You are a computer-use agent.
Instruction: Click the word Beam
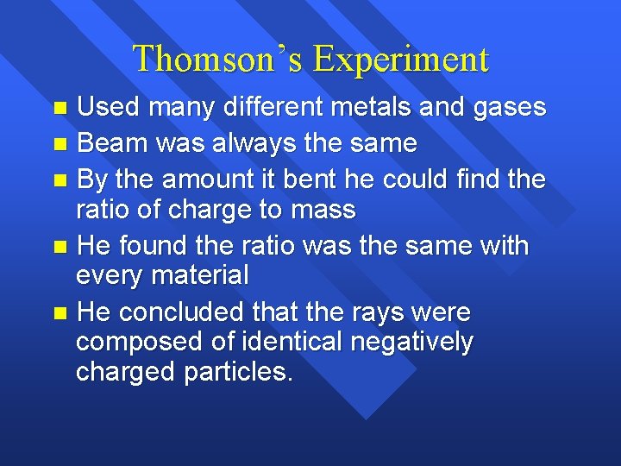tap(110, 143)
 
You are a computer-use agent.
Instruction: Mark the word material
tap(200, 276)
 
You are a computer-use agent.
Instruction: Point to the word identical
tap(275, 343)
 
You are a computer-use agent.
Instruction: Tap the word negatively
tap(411, 343)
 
